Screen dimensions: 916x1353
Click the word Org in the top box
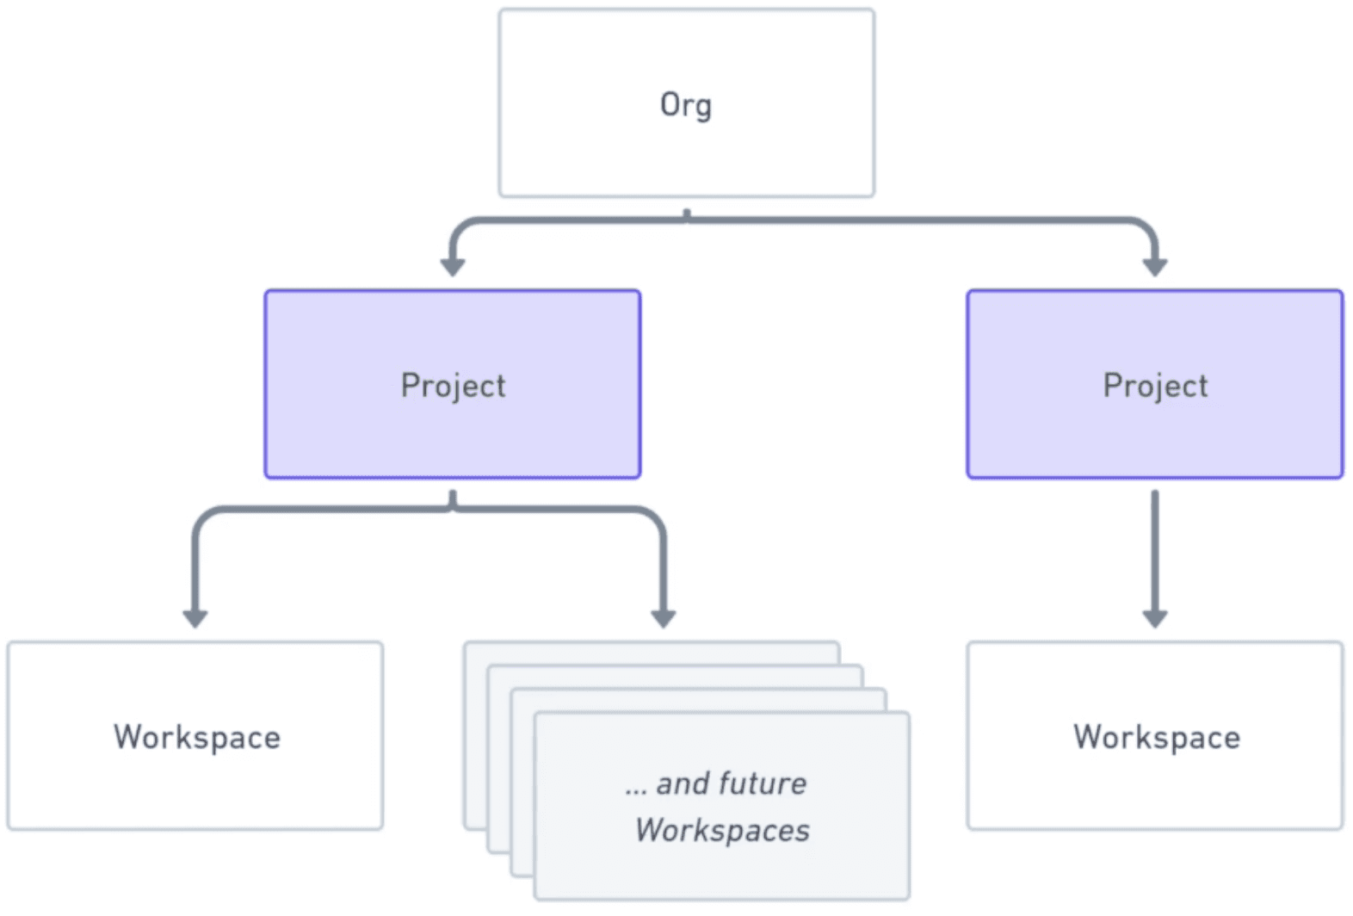685,105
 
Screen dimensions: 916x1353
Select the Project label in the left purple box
453,386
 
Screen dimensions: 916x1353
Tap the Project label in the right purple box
1155,386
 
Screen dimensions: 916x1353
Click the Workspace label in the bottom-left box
196,738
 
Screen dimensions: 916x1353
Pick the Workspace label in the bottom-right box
1156,738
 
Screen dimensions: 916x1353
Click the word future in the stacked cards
762,783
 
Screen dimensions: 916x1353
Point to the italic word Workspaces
722,830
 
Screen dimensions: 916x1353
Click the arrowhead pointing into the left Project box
453,266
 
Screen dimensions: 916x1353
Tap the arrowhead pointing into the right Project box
1155,266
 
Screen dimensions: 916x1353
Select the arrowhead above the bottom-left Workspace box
195,617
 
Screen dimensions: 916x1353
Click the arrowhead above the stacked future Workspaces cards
663,617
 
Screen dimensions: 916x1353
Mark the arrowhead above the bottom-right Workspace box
1155,617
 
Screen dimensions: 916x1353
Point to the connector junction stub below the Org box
686,215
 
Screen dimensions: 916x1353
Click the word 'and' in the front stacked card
683,783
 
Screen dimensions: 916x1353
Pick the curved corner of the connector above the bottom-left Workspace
205,519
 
